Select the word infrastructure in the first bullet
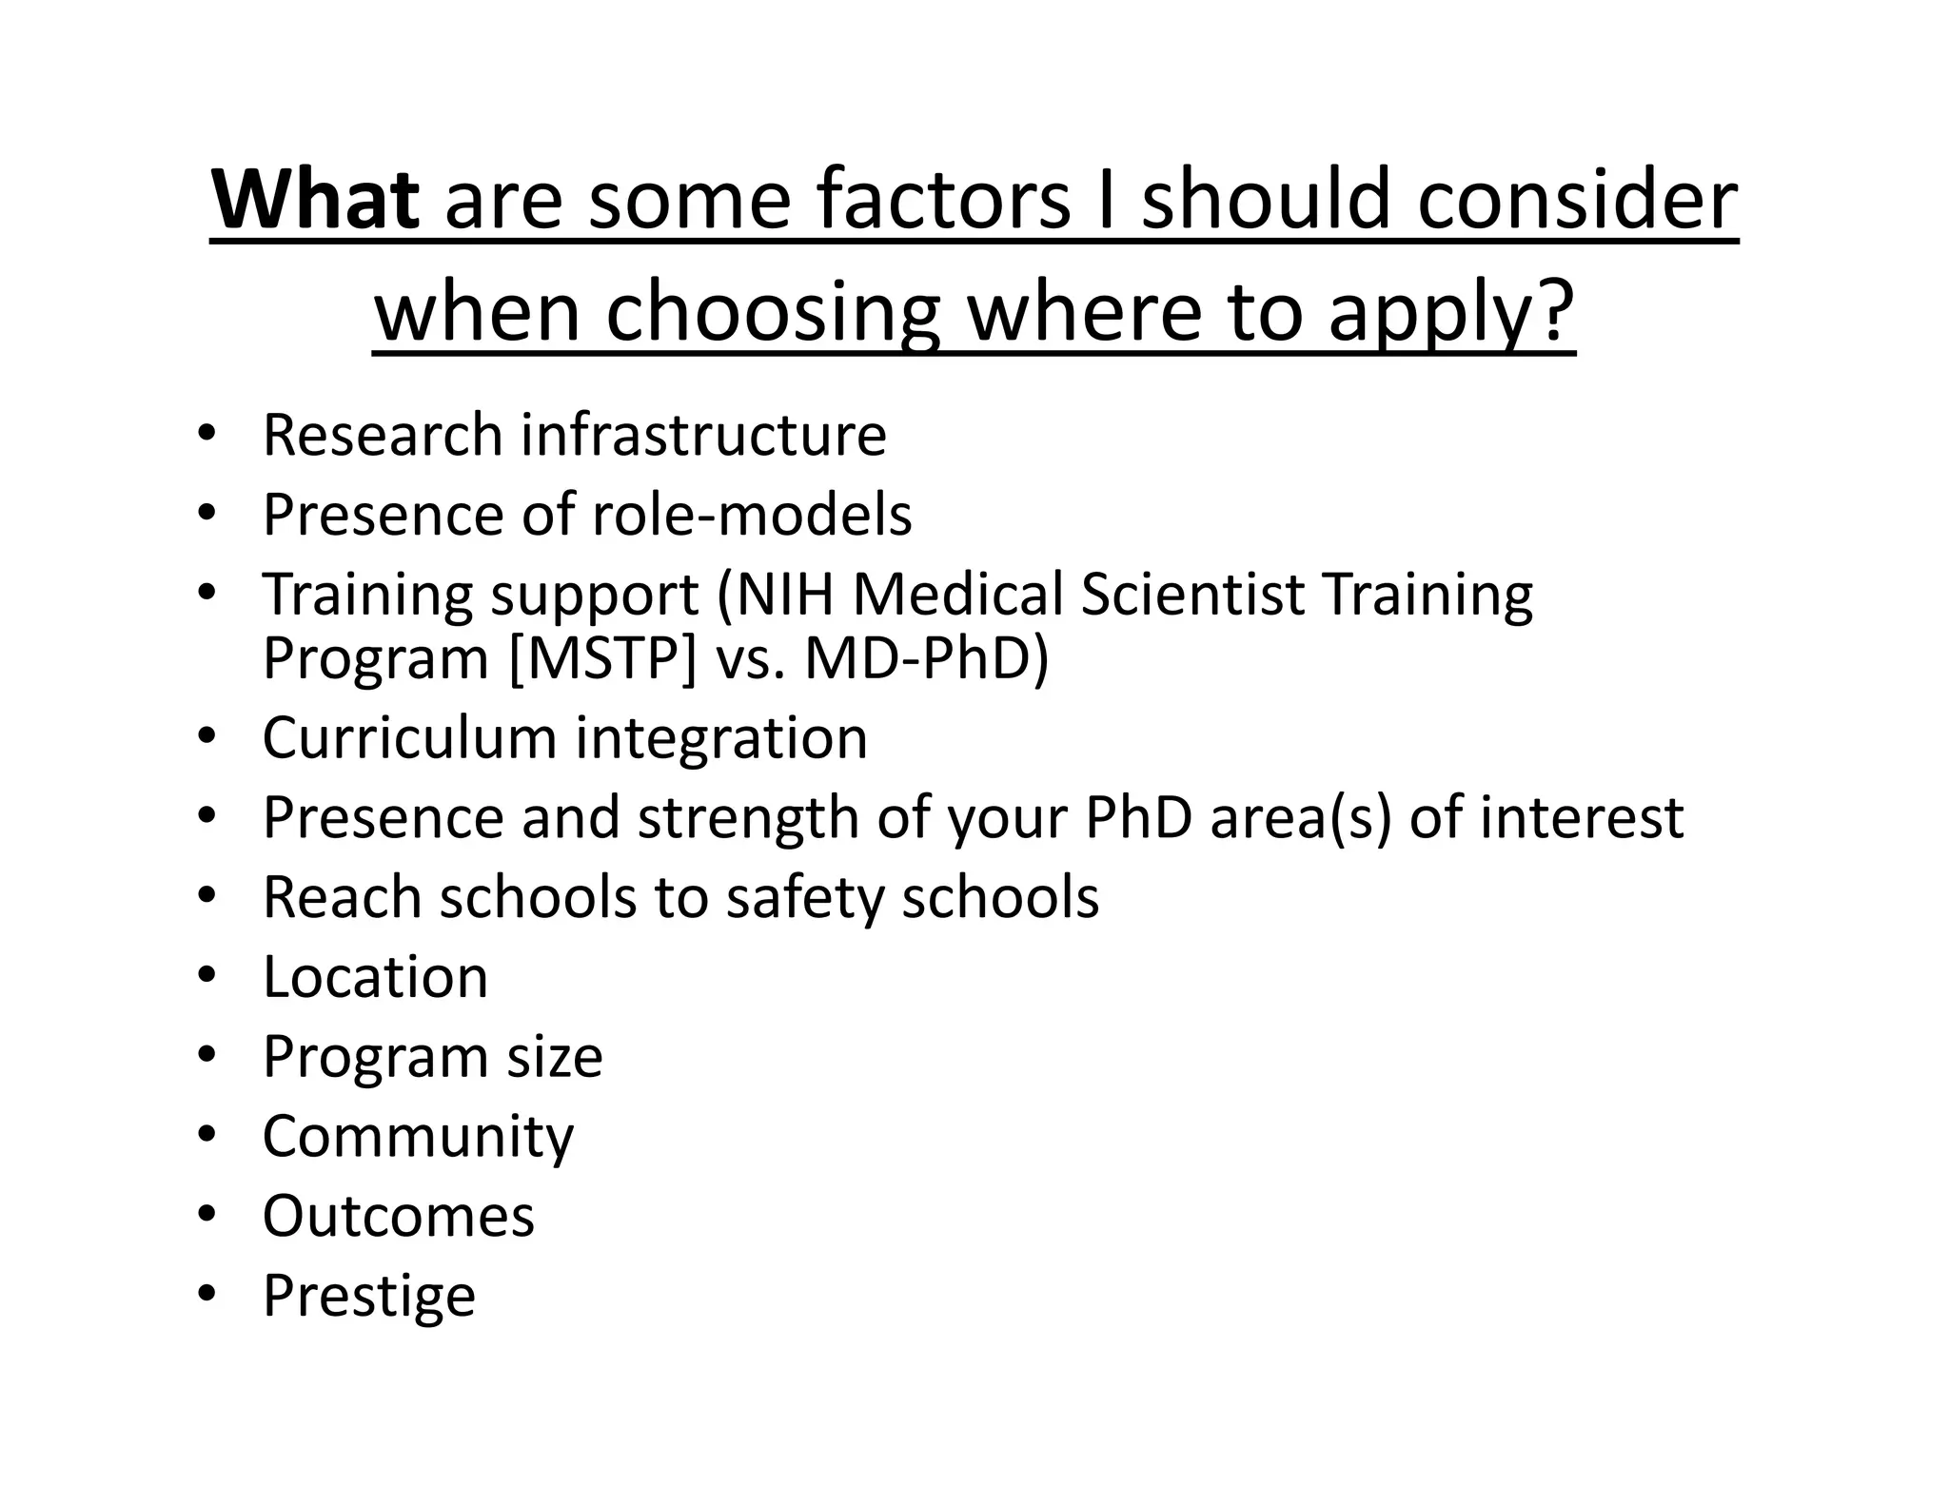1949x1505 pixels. click(703, 435)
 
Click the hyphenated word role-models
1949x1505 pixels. click(752, 515)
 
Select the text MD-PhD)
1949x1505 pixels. click(926, 657)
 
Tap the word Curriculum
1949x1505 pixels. click(409, 737)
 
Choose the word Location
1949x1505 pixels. click(375, 977)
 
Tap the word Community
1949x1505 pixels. click(418, 1137)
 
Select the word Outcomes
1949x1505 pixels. click(398, 1216)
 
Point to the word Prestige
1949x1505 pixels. click(368, 1296)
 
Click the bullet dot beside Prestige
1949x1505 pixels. click(207, 1294)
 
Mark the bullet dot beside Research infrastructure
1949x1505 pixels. click(207, 434)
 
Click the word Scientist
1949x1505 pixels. click(1191, 594)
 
